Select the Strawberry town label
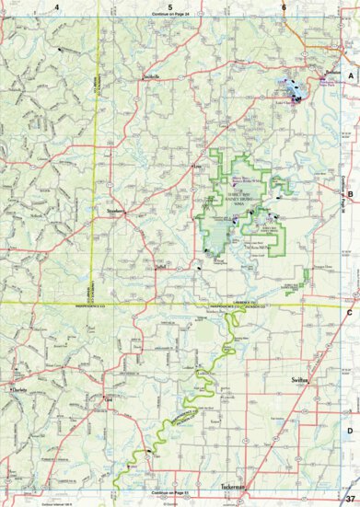click(115, 211)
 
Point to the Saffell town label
click(161, 266)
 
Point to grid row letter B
click(350, 194)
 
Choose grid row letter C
click(350, 312)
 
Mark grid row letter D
click(350, 430)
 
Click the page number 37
click(349, 499)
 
